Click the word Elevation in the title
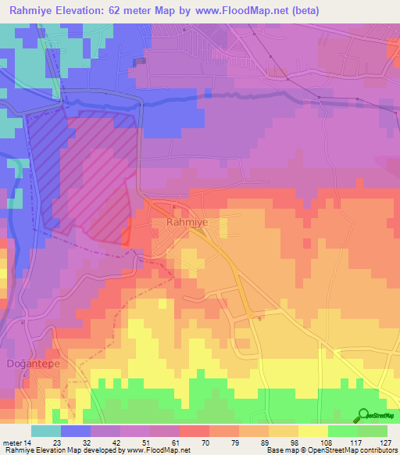85,10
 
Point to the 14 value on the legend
28,442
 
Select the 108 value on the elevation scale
326,442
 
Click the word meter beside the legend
12,442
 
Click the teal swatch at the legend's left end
46,431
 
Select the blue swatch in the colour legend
76,431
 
